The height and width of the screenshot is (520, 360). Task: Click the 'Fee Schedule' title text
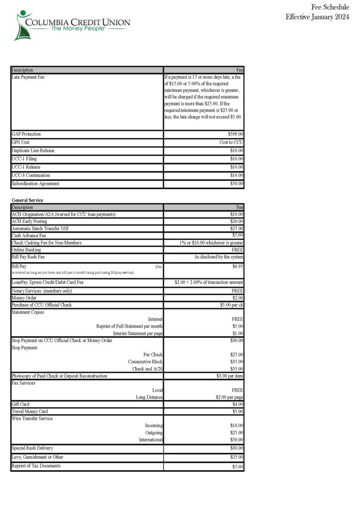tap(330, 7)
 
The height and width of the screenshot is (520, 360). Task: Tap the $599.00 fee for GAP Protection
tap(236, 134)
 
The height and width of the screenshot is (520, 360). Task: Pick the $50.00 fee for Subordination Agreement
tap(237, 183)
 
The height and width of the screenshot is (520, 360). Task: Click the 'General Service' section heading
tap(27, 199)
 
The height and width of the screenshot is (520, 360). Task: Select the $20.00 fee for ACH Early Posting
tap(237, 221)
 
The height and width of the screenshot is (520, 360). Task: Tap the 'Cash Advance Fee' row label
tap(29, 235)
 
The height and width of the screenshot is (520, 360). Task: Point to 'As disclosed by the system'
tap(219, 256)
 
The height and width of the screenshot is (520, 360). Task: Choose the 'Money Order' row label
tap(24, 298)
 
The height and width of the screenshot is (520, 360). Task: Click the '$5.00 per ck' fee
tap(231, 305)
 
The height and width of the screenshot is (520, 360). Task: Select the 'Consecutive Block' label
tap(145, 362)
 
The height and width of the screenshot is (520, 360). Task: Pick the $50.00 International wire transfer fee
tap(237, 440)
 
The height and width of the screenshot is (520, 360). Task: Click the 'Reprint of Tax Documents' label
tap(36, 466)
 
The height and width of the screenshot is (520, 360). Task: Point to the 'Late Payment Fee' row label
tap(28, 77)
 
